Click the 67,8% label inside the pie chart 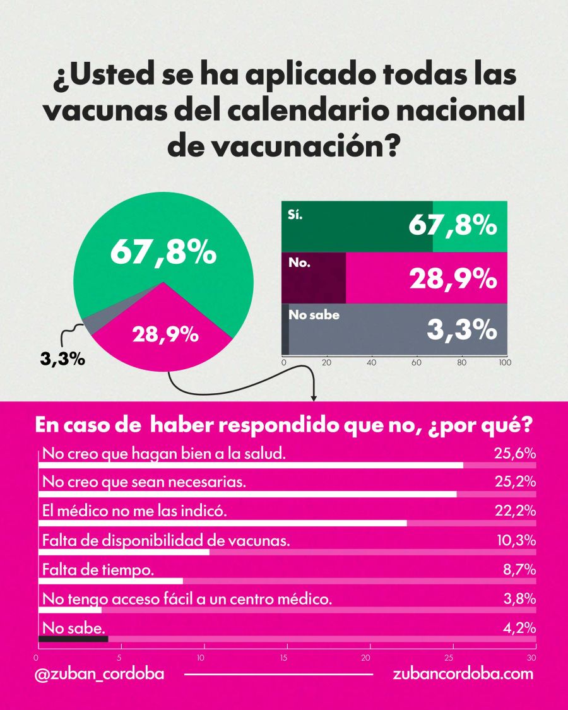[x=163, y=253]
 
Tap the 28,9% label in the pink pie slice [x=165, y=335]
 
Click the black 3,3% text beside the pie [x=62, y=360]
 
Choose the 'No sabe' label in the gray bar [x=314, y=314]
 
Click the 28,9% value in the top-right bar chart [x=453, y=278]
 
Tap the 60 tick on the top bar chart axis [x=417, y=363]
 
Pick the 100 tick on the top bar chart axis [x=504, y=363]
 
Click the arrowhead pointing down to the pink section [x=314, y=397]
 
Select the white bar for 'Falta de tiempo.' [x=110, y=581]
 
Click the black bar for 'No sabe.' [x=73, y=639]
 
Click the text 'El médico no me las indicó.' [x=134, y=511]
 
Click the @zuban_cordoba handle [x=100, y=673]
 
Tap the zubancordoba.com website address [x=463, y=673]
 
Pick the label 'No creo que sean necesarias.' [x=143, y=482]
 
